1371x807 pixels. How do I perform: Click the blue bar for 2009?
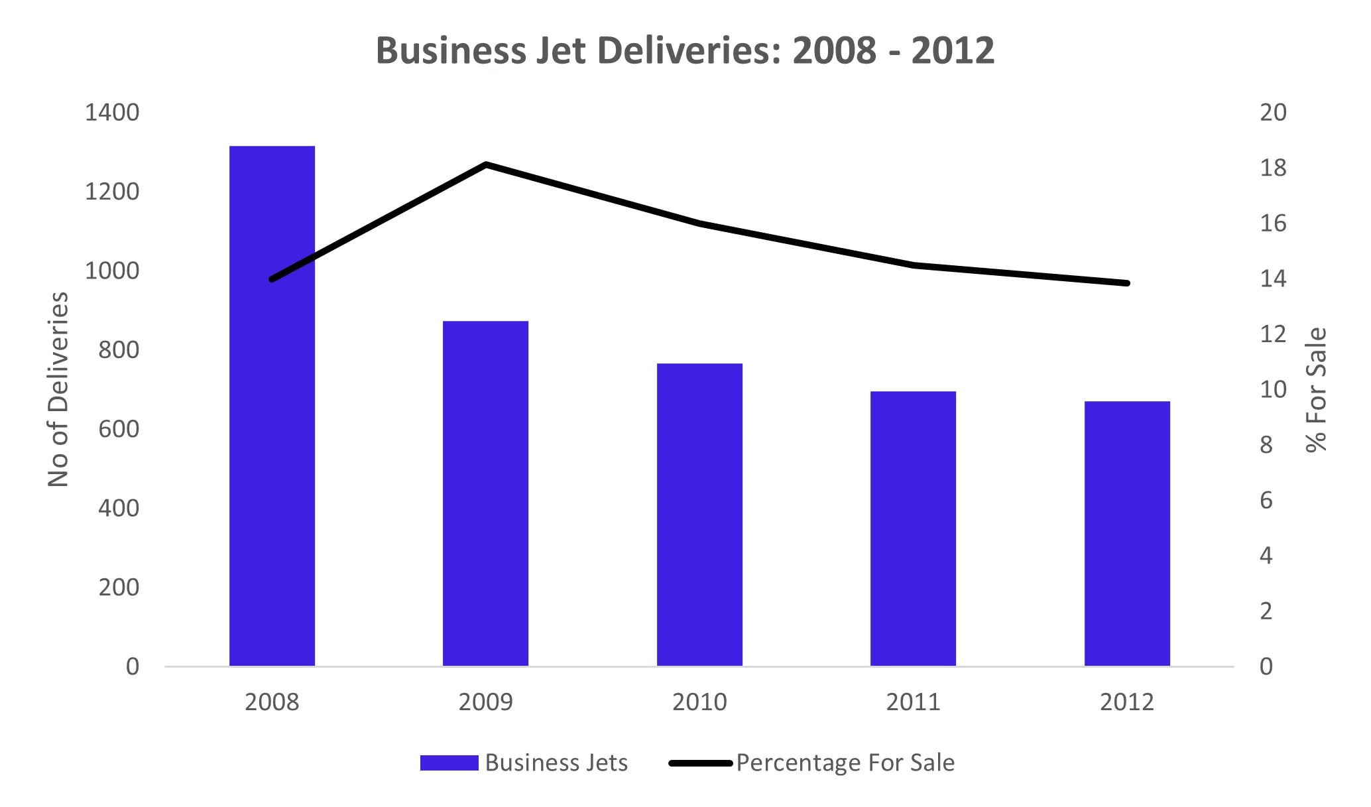tap(485, 493)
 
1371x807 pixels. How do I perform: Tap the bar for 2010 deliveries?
tap(699, 515)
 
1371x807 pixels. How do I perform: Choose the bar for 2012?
tap(1127, 534)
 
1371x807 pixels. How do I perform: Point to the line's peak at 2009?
tap(486, 164)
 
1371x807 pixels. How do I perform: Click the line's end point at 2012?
tap(1127, 283)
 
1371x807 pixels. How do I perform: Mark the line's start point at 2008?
tap(272, 279)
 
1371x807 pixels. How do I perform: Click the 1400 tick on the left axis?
tap(112, 113)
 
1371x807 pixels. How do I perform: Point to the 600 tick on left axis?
tap(119, 429)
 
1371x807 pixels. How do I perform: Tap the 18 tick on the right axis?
tap(1272, 168)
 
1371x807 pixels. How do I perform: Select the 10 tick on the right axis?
tap(1272, 389)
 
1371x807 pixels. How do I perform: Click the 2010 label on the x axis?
tap(699, 702)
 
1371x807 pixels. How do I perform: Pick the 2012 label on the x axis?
tap(1127, 702)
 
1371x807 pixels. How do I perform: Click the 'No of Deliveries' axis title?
tap(58, 389)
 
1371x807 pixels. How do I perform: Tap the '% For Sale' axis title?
tap(1317, 389)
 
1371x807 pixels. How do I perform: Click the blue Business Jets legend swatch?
tap(449, 763)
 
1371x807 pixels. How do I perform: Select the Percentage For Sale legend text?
tap(845, 763)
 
